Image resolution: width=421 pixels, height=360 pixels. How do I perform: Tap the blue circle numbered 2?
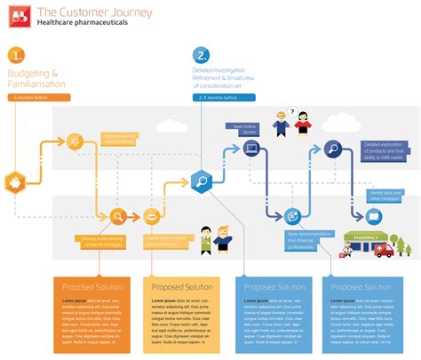click(x=203, y=54)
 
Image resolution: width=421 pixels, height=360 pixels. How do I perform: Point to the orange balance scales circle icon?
click(x=74, y=140)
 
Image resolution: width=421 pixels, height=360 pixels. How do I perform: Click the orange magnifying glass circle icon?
click(x=117, y=215)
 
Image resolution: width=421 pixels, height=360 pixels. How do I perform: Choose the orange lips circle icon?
click(x=151, y=215)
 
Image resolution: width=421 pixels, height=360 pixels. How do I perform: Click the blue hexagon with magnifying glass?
click(x=201, y=183)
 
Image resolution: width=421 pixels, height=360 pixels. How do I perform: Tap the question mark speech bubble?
click(x=290, y=112)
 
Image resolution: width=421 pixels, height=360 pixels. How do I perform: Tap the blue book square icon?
click(x=372, y=215)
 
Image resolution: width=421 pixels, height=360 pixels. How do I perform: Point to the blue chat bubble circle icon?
click(x=292, y=215)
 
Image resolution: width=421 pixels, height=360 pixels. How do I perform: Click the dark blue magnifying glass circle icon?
click(x=332, y=149)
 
